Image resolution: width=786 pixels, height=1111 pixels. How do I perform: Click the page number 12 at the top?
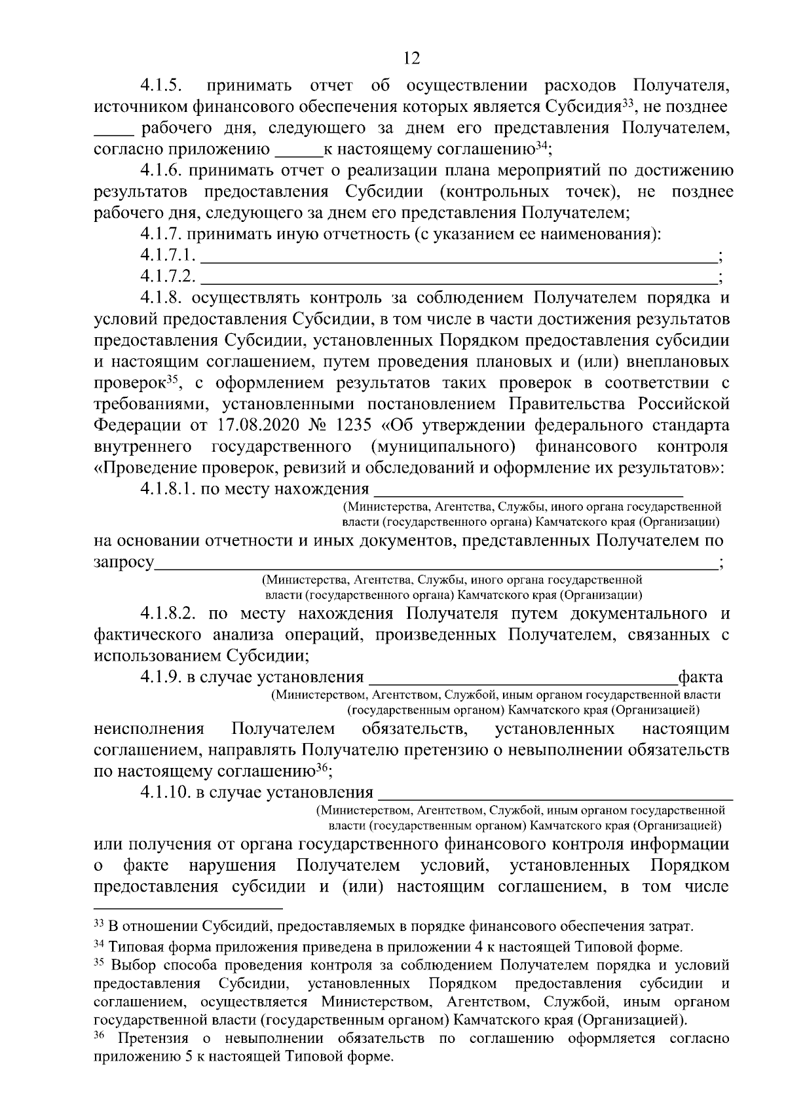tap(411, 58)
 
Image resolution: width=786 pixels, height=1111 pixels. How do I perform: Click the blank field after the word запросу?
tap(436, 564)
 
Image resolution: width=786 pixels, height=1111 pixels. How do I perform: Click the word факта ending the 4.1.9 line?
tap(701, 678)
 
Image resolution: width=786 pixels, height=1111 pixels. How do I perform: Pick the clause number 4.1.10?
tap(164, 793)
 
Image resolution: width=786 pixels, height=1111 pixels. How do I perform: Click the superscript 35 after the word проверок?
tap(172, 378)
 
